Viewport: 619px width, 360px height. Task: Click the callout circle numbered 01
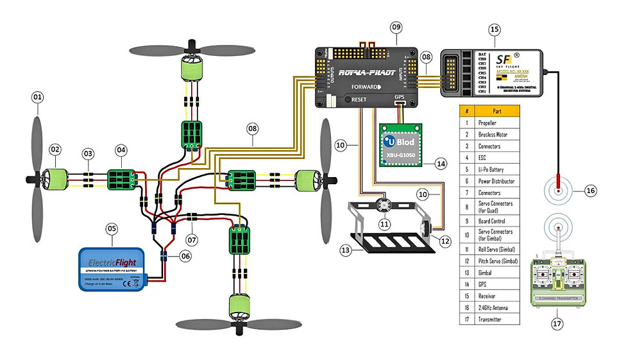37,98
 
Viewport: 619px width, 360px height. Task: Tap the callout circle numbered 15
494,29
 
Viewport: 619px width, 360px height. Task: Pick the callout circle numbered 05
112,227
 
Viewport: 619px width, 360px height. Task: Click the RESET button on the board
352,100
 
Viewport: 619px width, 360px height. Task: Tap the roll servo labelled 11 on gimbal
385,205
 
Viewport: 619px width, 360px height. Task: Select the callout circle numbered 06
185,255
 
